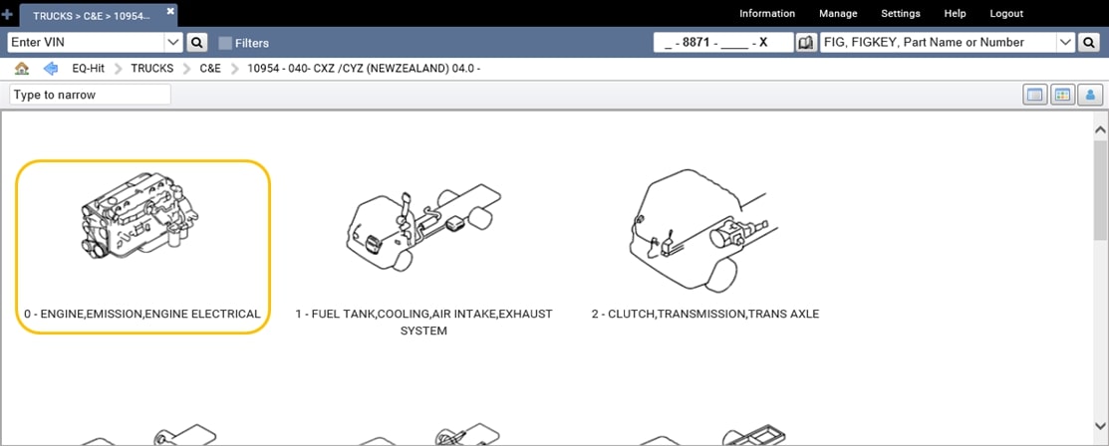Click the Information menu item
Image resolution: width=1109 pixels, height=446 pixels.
(x=766, y=14)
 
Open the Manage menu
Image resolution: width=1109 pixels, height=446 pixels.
(x=838, y=14)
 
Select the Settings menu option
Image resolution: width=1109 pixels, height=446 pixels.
(x=901, y=14)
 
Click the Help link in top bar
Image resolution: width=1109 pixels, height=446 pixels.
(x=955, y=14)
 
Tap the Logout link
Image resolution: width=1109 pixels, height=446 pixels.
(x=1006, y=14)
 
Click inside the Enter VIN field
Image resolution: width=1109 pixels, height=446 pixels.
(x=85, y=43)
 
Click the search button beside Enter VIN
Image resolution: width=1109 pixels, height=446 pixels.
(x=197, y=43)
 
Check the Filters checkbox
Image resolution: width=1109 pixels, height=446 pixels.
(x=225, y=43)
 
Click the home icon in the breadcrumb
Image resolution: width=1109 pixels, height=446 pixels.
(x=22, y=69)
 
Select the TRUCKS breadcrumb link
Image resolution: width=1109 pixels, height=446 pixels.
(x=151, y=69)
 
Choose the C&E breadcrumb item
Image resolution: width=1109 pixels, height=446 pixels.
(x=210, y=69)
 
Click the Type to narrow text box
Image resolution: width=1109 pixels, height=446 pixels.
(x=90, y=95)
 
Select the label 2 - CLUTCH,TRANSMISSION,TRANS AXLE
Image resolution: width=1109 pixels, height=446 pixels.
(x=704, y=314)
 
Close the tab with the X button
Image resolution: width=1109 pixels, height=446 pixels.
(x=170, y=11)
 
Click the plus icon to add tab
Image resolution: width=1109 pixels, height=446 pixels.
(x=8, y=15)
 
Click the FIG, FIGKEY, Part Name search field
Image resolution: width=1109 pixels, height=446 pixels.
(x=936, y=43)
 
